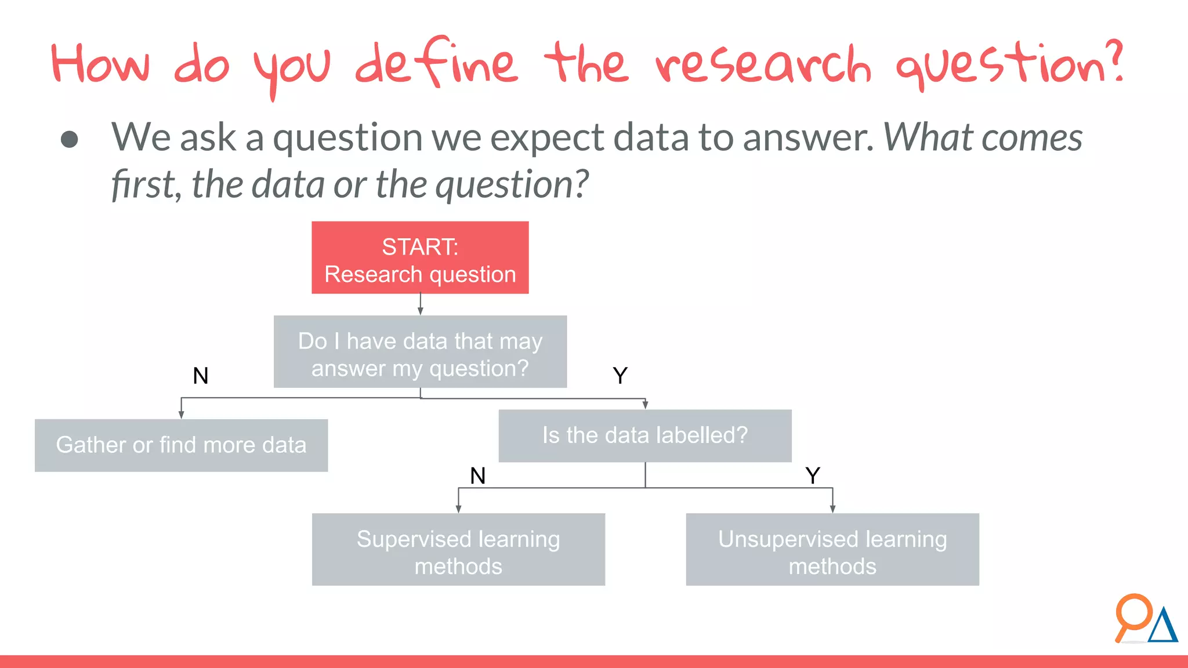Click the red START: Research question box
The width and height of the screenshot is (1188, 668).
coord(420,257)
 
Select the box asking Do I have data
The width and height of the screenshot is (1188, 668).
coord(420,352)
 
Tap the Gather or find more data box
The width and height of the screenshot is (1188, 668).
coord(181,445)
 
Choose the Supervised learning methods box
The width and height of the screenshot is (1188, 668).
coord(458,550)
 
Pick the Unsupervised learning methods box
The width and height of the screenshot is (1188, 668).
coord(832,550)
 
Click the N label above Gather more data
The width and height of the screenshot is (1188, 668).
coord(201,376)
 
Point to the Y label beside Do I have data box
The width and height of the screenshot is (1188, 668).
coord(620,376)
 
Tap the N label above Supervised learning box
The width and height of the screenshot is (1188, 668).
coord(478,475)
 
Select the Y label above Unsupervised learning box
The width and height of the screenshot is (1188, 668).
coord(813,475)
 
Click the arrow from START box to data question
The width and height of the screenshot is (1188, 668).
coord(421,304)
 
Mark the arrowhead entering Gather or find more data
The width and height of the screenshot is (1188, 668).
coord(182,415)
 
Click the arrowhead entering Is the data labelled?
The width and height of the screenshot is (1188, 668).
coord(645,405)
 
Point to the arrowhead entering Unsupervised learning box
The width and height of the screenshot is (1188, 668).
coord(832,509)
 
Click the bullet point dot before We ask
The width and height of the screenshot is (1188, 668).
coord(70,139)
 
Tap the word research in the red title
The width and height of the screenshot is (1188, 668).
coord(763,65)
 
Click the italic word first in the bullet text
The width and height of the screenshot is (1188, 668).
coord(143,184)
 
